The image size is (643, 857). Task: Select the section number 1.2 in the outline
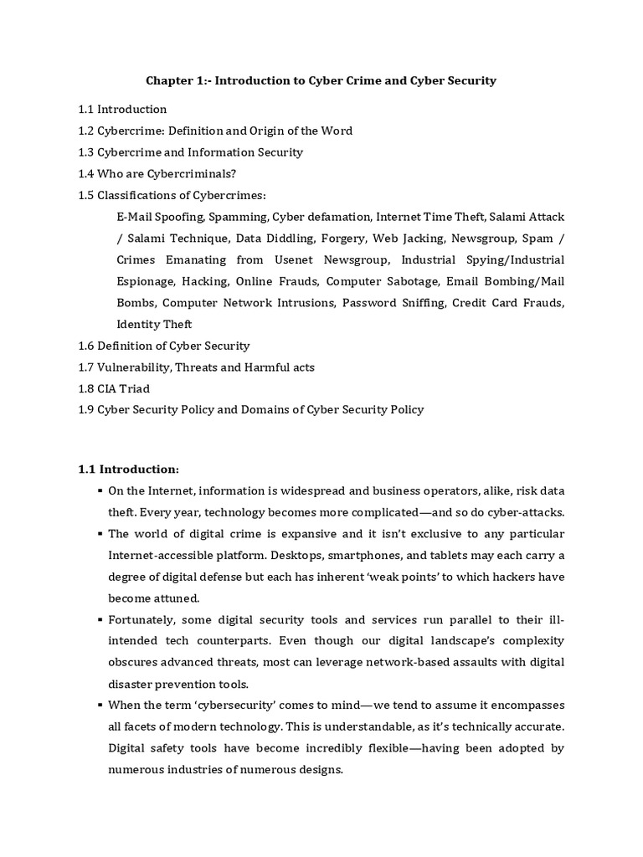[x=86, y=131]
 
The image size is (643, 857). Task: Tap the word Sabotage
[x=410, y=281]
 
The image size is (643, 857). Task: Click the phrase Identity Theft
[x=154, y=324]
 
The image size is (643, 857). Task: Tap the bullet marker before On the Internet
[x=100, y=490]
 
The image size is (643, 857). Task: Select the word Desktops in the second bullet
[x=321, y=555]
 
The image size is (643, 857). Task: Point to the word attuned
[x=179, y=598]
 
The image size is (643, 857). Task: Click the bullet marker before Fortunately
[x=100, y=619]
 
